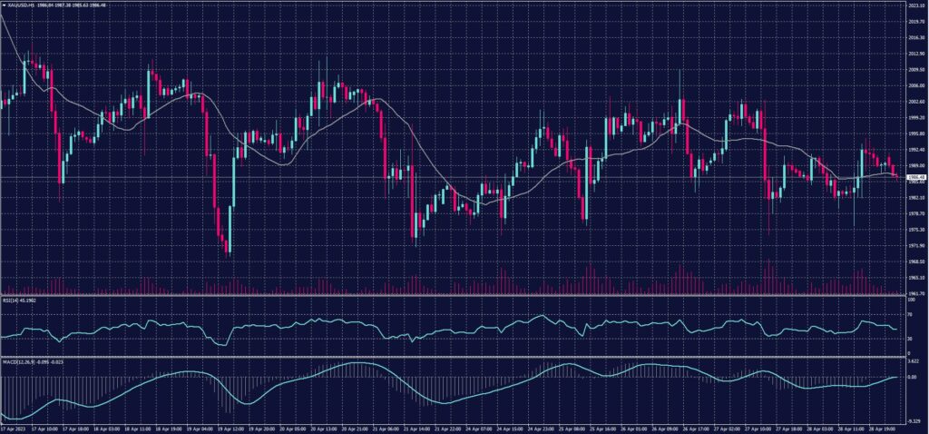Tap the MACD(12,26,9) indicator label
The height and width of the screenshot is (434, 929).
15,362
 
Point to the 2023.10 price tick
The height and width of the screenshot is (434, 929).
914,5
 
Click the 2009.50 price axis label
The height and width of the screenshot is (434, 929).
914,69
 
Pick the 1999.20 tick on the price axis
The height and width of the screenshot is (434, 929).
914,117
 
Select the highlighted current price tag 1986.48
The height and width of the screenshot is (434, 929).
914,178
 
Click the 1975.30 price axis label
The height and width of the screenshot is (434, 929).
914,230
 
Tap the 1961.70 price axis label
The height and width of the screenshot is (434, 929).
914,293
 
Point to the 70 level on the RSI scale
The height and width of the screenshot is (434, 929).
910,314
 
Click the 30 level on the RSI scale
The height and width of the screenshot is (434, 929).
910,339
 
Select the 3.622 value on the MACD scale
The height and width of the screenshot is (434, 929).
913,362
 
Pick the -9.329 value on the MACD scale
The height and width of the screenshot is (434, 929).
913,422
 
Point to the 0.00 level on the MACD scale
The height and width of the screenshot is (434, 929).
912,376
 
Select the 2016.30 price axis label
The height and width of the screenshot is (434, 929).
914,37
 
